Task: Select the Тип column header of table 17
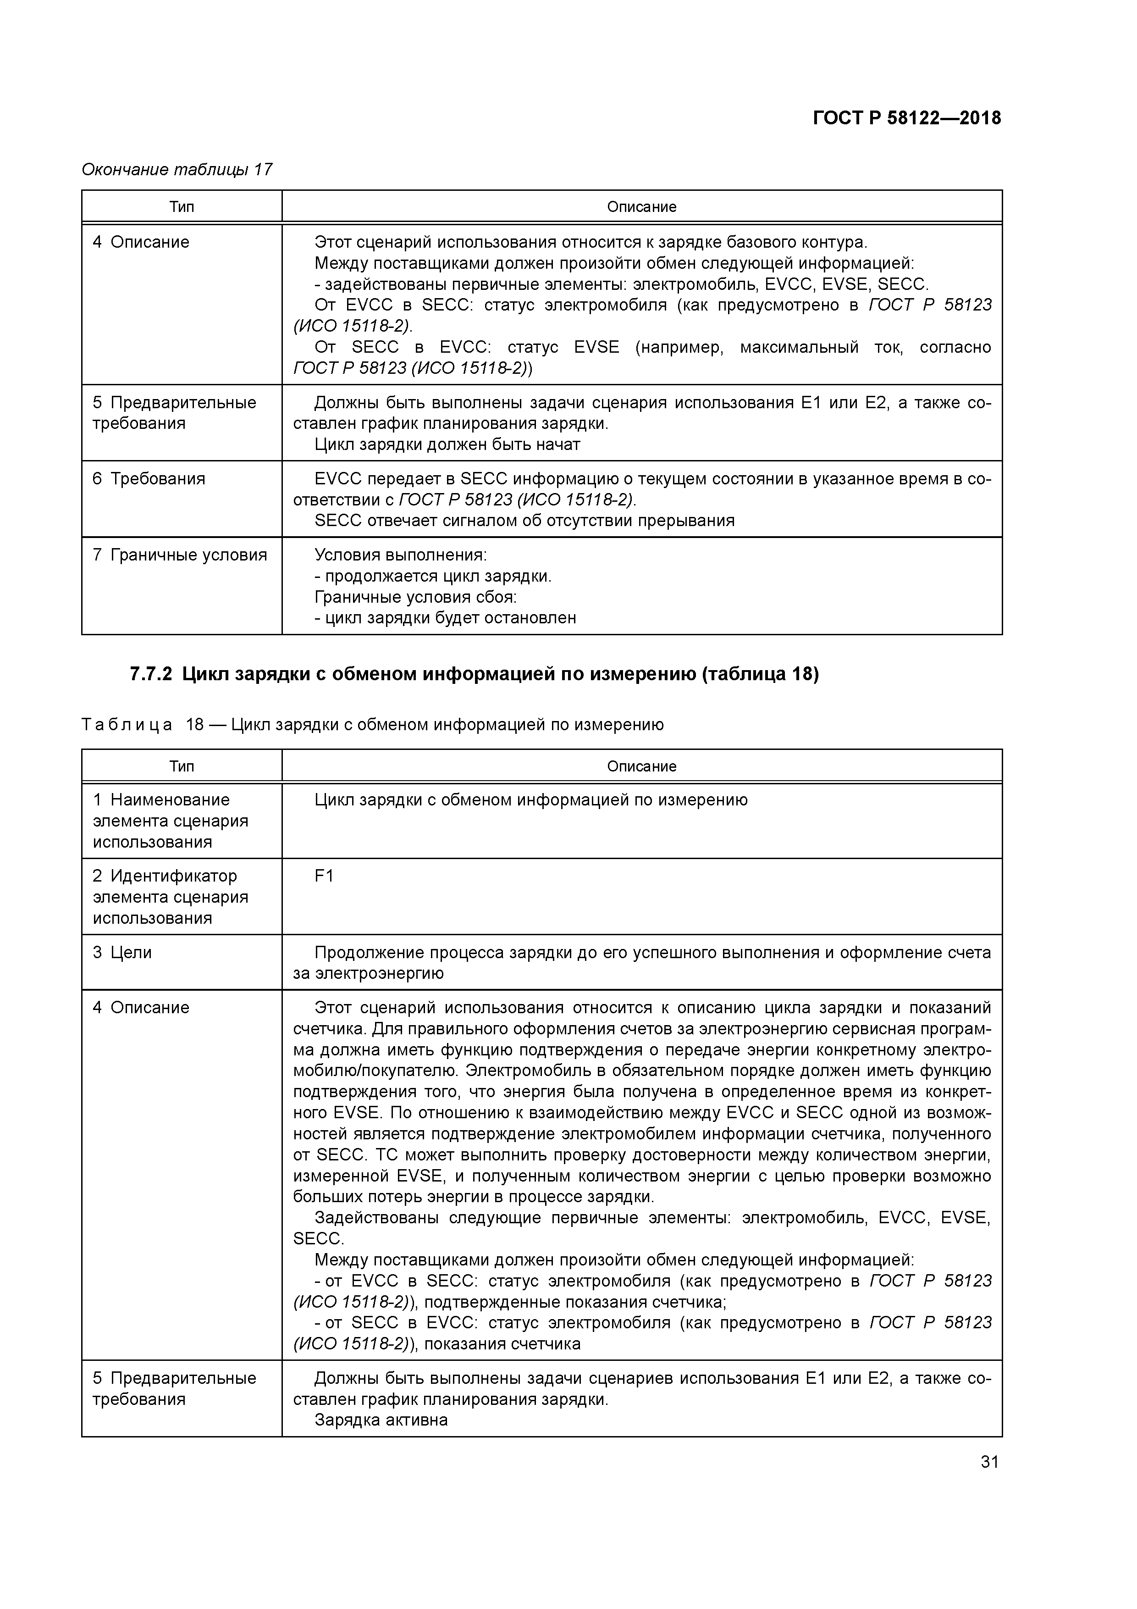click(182, 207)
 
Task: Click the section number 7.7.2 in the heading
click(151, 674)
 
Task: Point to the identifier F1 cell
click(324, 876)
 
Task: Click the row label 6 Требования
click(149, 479)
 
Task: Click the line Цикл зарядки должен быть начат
click(447, 444)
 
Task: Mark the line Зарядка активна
click(381, 1420)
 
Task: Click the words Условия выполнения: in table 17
click(400, 555)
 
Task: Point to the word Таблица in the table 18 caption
click(127, 725)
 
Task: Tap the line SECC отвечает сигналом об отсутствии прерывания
click(524, 521)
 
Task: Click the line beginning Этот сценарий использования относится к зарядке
click(591, 243)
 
